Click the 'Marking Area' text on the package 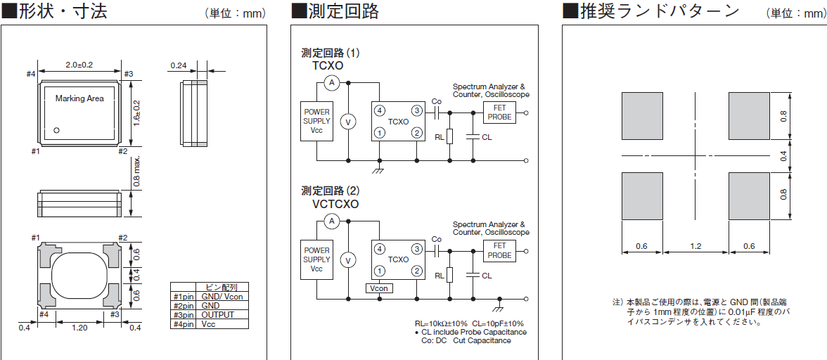click(x=79, y=98)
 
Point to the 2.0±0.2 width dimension click(x=79, y=65)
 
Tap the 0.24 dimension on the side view click(x=178, y=65)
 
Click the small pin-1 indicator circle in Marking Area click(x=58, y=129)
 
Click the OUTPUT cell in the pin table click(x=217, y=315)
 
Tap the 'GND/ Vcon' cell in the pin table click(x=222, y=296)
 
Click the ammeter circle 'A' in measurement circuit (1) click(x=333, y=84)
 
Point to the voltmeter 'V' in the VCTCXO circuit click(x=347, y=260)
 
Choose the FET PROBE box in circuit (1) click(x=499, y=112)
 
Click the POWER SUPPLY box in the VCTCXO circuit click(x=316, y=259)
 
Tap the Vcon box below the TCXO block click(x=379, y=288)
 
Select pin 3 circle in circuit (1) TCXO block click(x=417, y=111)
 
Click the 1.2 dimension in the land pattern click(x=695, y=246)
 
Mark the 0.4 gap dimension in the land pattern click(x=783, y=155)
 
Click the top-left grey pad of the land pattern click(x=642, y=116)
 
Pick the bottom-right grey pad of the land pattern click(x=749, y=195)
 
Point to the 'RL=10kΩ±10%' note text click(x=441, y=323)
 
